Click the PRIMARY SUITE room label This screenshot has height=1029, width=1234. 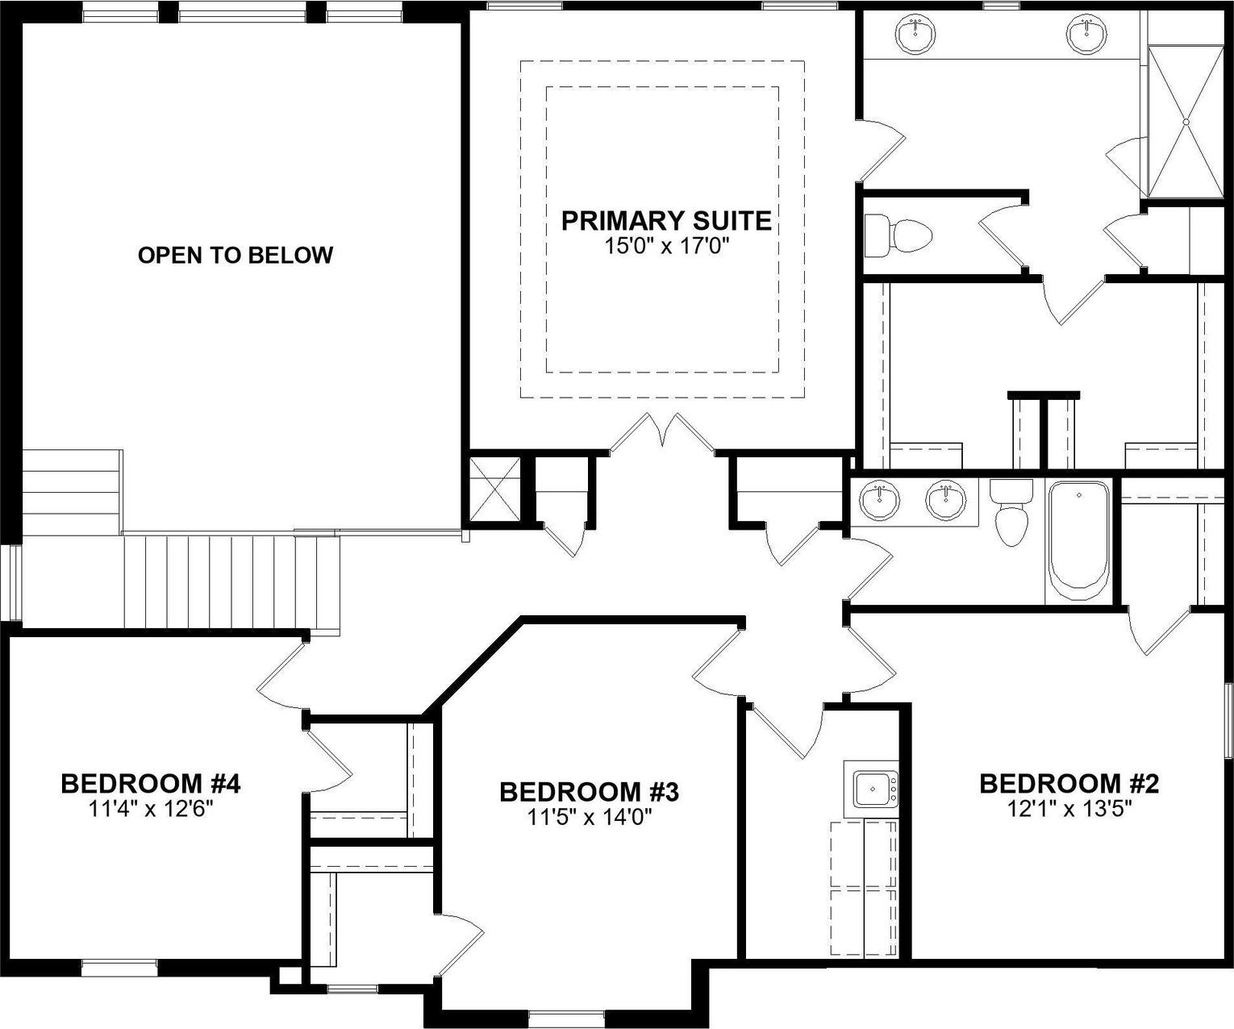pos(665,220)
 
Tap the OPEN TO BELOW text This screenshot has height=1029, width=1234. pos(235,256)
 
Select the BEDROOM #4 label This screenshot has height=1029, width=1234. pos(151,783)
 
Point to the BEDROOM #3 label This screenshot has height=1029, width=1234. pos(589,792)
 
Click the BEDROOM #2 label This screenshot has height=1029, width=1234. pos(1069,783)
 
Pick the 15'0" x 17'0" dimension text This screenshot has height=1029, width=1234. pos(666,245)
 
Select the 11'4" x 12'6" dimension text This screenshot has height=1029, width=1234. pos(151,808)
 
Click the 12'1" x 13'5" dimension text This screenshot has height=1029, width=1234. pos(1068,808)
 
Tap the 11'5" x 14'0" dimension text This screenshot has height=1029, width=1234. pos(589,817)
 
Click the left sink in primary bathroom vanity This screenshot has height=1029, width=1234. pos(915,33)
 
